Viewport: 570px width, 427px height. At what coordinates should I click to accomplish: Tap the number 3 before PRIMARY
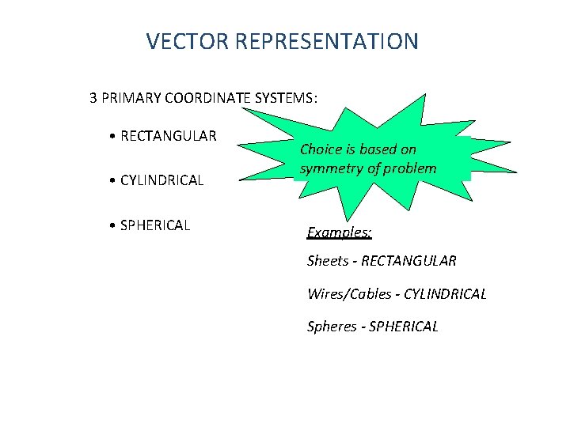coord(93,99)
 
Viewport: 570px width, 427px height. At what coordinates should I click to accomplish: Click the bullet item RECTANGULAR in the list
coord(169,136)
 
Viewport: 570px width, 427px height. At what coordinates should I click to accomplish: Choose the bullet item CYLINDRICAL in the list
coord(162,180)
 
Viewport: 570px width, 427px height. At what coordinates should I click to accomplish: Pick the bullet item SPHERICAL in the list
coord(155,225)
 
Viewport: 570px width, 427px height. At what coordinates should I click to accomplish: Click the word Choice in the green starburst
coord(321,149)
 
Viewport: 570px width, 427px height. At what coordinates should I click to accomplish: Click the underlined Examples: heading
coord(340,233)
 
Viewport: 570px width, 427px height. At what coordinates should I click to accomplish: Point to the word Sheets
coord(328,261)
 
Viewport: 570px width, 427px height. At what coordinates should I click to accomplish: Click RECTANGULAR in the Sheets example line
coord(408,261)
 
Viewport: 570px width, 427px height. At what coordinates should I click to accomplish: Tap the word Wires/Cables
coord(349,294)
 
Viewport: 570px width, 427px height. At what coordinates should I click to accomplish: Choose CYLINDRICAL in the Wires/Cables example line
coord(445,294)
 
